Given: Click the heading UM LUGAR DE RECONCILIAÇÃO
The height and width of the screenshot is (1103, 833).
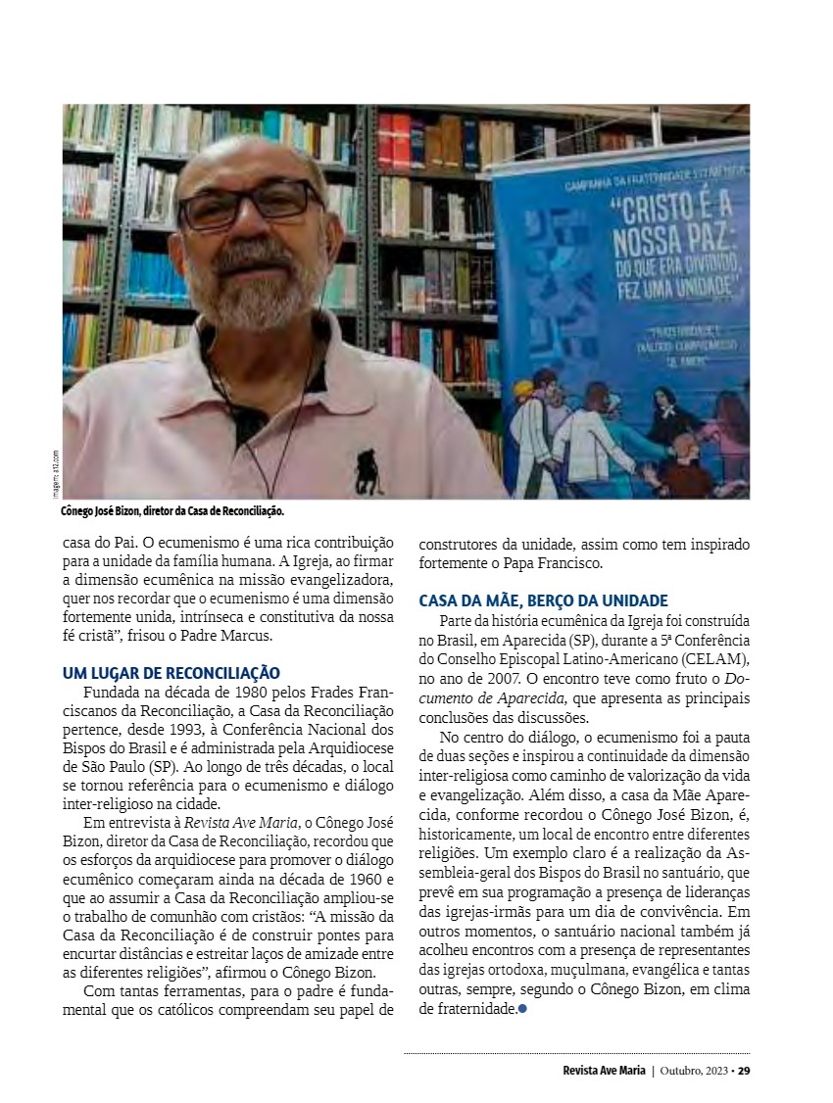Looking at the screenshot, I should coord(171,673).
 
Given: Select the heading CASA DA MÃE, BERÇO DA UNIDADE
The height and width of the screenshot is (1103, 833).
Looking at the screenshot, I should coord(543,600).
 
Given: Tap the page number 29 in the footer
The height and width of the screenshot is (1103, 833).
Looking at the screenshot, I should coord(744,1070).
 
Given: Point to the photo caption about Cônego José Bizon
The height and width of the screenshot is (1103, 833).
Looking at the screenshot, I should coord(171,511).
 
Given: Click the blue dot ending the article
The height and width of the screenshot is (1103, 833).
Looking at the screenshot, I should coord(522,1009).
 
